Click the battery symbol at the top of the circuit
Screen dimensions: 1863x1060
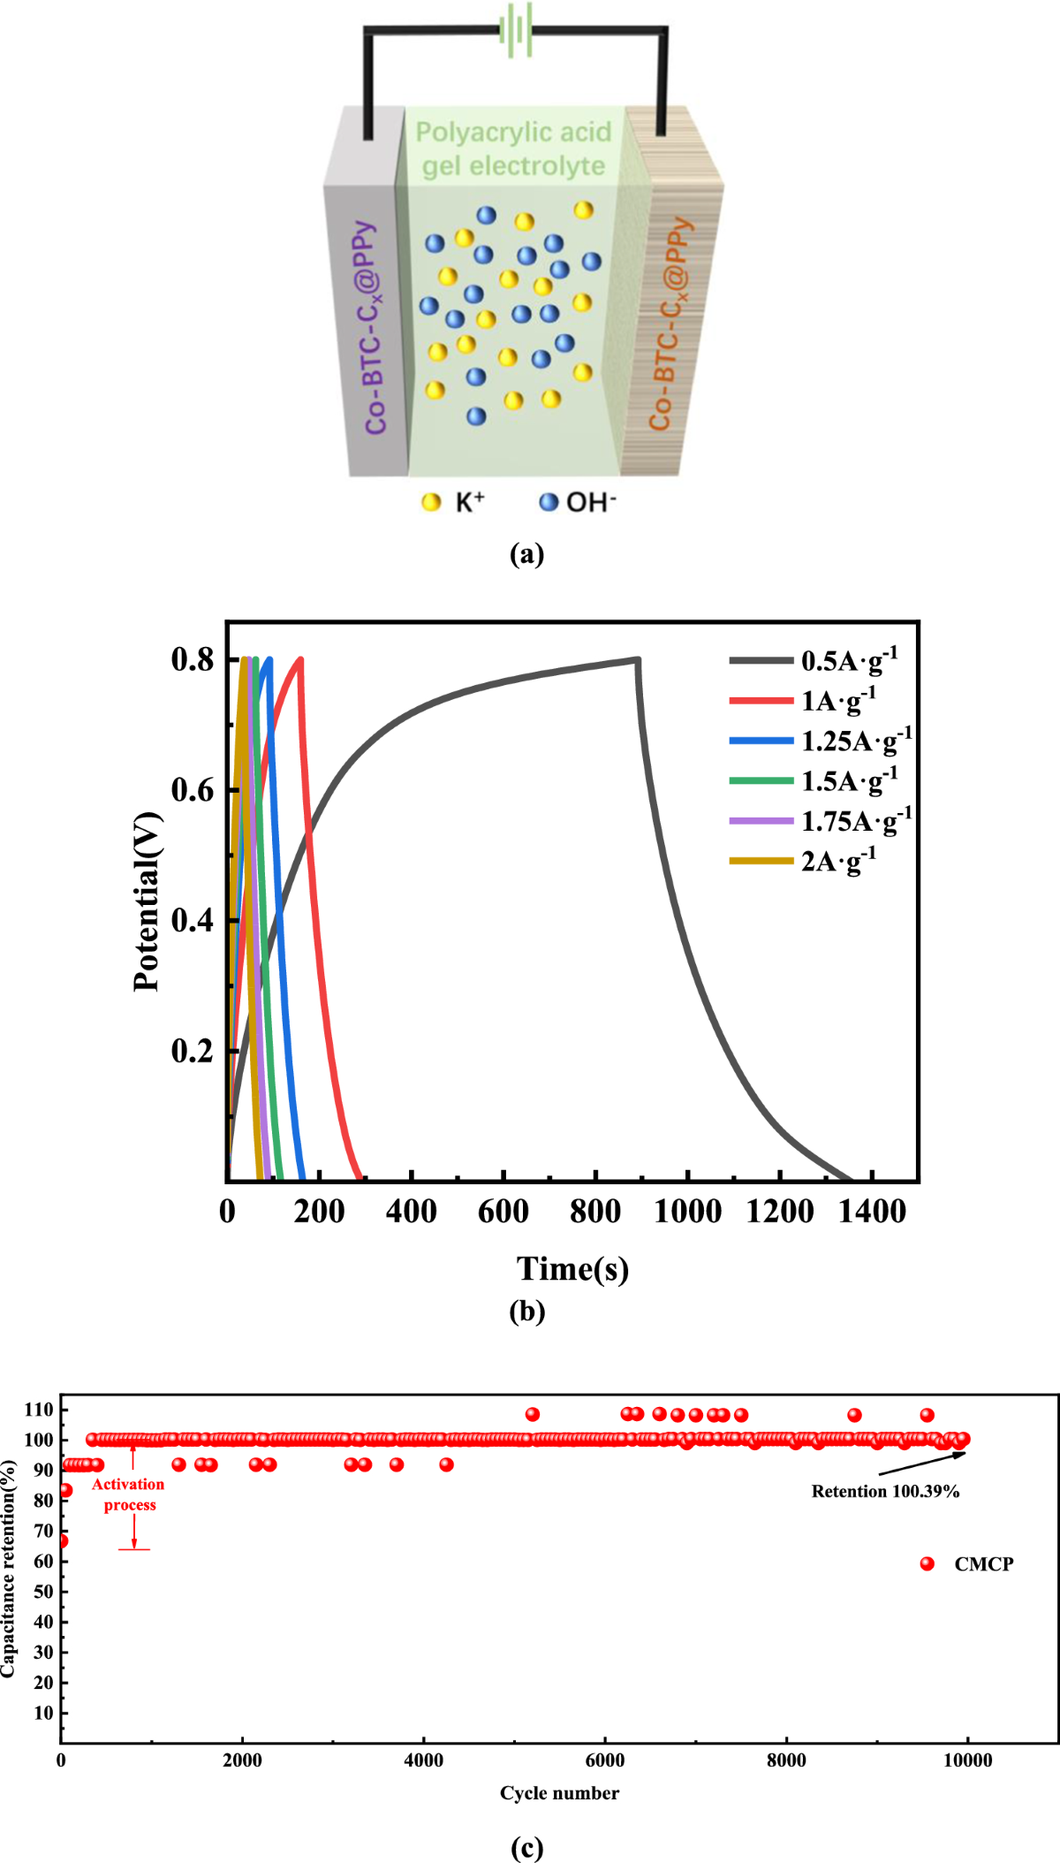pyautogui.click(x=516, y=30)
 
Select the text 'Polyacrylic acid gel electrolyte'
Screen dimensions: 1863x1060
pyautogui.click(x=514, y=148)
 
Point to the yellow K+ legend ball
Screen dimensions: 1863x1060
pyautogui.click(x=431, y=503)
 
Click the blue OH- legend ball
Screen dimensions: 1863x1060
pyautogui.click(x=549, y=502)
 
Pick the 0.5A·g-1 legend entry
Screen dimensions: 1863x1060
pyautogui.click(x=813, y=660)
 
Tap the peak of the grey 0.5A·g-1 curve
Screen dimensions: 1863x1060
pyautogui.click(x=637, y=659)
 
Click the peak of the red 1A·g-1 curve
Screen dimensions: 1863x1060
pyautogui.click(x=300, y=659)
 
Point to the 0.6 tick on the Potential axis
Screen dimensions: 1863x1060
pyautogui.click(x=193, y=790)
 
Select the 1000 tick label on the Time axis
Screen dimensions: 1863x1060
pyautogui.click(x=687, y=1211)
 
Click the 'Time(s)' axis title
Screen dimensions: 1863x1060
pyautogui.click(x=572, y=1268)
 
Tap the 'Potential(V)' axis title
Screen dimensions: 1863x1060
pyautogui.click(x=147, y=901)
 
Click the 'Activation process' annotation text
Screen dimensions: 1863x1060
pyautogui.click(x=129, y=1494)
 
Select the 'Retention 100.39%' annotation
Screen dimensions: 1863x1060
pyautogui.click(x=885, y=1492)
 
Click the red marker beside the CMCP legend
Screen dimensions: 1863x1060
pyautogui.click(x=927, y=1564)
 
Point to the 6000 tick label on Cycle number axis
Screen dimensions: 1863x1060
pyautogui.click(x=605, y=1760)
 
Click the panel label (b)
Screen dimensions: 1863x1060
pyautogui.click(x=527, y=1312)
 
